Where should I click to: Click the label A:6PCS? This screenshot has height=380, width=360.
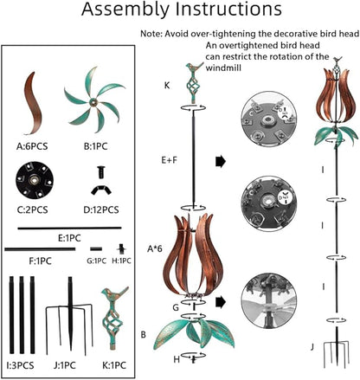[x=32, y=146]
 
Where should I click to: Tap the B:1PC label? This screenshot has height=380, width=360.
[x=95, y=146]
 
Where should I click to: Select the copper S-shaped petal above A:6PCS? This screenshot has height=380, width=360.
[x=33, y=103]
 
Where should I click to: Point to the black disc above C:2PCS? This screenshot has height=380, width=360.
[x=35, y=180]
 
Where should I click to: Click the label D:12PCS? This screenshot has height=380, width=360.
[x=101, y=209]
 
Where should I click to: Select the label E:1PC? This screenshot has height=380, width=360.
[x=69, y=238]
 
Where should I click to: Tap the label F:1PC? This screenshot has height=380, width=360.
[x=40, y=261]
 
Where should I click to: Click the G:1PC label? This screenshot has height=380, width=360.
[x=96, y=261]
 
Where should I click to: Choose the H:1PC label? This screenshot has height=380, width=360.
[x=121, y=261]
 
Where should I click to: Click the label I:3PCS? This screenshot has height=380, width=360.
[x=20, y=365]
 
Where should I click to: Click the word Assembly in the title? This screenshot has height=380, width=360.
[x=125, y=10]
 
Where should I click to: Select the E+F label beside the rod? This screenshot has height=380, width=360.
[x=169, y=160]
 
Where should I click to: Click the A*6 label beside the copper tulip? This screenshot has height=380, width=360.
[x=155, y=248]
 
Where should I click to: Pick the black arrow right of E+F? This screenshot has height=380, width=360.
[x=221, y=162]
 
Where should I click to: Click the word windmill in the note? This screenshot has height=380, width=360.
[x=223, y=68]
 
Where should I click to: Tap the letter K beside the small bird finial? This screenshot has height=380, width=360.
[x=167, y=86]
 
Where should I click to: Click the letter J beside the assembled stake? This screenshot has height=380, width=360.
[x=312, y=347]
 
